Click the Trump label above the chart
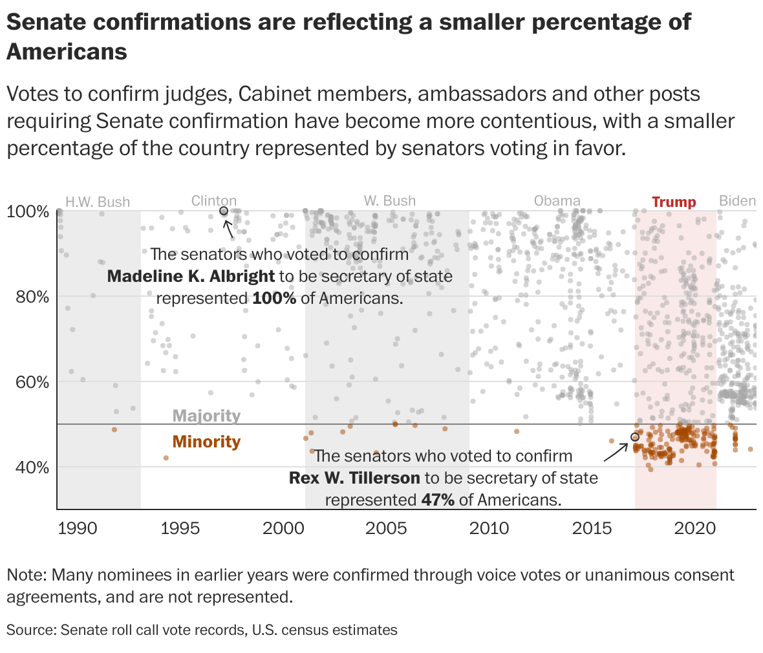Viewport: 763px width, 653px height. pos(674,202)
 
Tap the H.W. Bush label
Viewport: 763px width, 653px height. pos(98,202)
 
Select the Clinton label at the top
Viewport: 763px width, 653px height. pos(214,200)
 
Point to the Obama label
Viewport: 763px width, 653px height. pos(557,200)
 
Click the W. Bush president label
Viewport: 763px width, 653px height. pos(389,200)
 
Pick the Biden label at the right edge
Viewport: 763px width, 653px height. pos(737,200)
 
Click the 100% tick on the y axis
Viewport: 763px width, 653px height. pos(28,211)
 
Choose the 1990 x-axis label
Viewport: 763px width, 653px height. pos(78,528)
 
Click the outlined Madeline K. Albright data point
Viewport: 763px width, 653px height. pos(224,211)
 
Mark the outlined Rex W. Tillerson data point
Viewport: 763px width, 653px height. pos(634,437)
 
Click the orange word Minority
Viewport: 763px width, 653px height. pos(206,442)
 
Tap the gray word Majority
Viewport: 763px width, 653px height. pos(206,416)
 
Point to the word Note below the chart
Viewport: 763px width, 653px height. pos(25,575)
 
